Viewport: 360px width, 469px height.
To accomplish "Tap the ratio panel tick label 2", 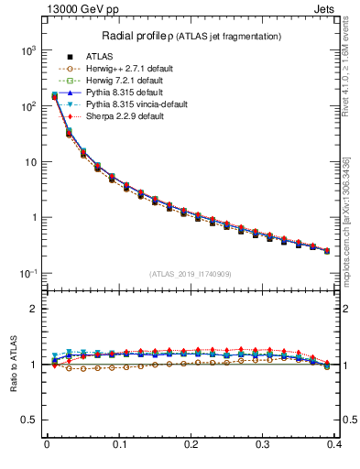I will [34, 309].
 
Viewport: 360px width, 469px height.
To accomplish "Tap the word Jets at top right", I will [338, 10].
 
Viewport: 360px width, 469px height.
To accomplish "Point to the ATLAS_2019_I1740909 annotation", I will [191, 274].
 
